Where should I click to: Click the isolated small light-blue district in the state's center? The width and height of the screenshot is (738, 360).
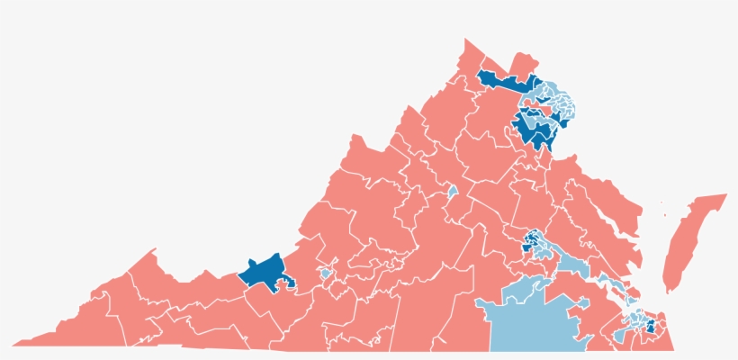coord(453,193)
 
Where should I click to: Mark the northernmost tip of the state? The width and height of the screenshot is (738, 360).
coord(465,40)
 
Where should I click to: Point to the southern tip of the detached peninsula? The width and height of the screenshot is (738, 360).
coord(669,290)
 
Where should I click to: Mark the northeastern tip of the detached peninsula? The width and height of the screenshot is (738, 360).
coord(724,195)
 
